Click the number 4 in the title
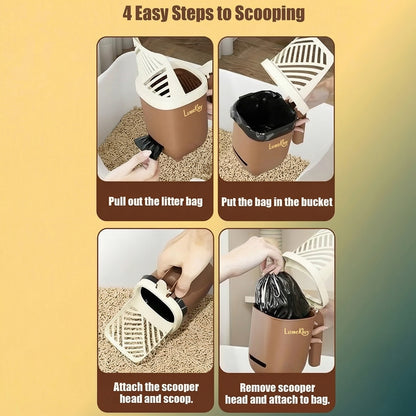click(129, 14)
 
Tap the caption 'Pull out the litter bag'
click(155, 200)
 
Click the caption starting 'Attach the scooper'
click(155, 391)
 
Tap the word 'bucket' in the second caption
click(306, 200)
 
